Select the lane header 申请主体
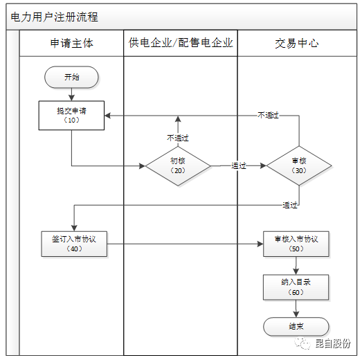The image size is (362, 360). coord(71,43)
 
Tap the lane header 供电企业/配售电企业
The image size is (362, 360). coord(181,43)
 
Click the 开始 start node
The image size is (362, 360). coord(71,77)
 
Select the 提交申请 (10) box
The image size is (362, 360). coord(71,115)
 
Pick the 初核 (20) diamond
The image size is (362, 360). coord(177,165)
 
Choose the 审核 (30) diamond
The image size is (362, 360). coord(299,165)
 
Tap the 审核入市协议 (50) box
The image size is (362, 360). coord(296,244)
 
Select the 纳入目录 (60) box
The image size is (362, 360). coord(296,287)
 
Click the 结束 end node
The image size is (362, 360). coord(296,326)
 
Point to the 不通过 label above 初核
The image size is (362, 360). coord(177,137)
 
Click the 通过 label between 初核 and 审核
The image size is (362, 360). coord(239,166)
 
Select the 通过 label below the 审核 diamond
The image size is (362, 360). coord(289,205)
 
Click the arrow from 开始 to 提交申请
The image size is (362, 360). coord(71,94)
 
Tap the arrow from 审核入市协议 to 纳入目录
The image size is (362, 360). coord(296,265)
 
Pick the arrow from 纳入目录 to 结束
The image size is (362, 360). coord(296,308)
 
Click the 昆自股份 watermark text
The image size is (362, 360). coord(335,343)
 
